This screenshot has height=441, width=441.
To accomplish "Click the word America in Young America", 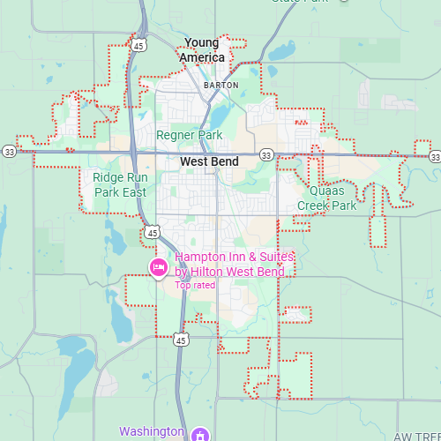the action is (x=202, y=57).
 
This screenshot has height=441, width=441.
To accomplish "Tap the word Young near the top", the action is (x=201, y=42).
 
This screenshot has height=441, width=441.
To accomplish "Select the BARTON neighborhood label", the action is (x=220, y=85).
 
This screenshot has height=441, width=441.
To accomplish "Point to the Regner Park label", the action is (x=190, y=135).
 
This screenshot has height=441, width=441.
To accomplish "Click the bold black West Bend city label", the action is (x=209, y=162).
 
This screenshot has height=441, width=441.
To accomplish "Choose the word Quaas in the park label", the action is (x=327, y=190).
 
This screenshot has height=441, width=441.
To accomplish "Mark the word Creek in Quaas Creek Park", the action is (x=314, y=206).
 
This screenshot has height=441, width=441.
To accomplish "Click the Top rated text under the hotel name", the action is (x=195, y=285).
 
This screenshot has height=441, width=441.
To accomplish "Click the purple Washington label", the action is (x=152, y=431).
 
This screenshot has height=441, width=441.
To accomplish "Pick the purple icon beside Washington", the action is (x=200, y=434).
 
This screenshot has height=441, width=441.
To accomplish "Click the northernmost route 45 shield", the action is (x=139, y=43).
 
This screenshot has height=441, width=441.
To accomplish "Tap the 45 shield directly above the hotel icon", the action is (x=153, y=232).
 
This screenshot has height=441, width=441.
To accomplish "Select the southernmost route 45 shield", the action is (x=180, y=339).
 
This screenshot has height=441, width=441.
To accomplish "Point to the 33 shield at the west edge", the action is (x=9, y=151).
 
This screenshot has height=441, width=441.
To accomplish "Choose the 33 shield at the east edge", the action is (x=435, y=156).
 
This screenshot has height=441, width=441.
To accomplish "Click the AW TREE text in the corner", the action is (x=415, y=437).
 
